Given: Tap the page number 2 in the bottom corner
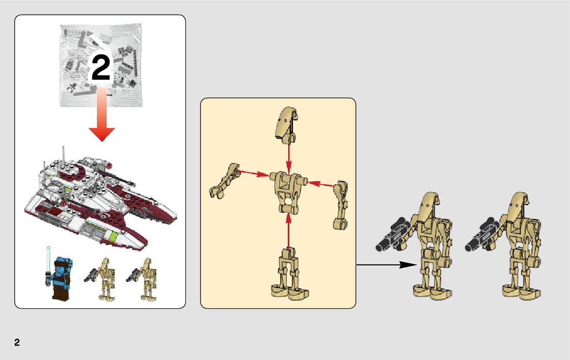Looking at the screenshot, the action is pos(17,342).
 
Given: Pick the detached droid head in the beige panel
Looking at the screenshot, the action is pos(287,124).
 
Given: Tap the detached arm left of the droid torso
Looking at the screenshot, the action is pos(224,181).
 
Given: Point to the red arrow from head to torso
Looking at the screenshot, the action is pos(289,157).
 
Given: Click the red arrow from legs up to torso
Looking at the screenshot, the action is pos(289,231).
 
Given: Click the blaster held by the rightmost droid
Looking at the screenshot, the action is pos(481,234).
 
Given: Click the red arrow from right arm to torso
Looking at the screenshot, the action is pos(320,184).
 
